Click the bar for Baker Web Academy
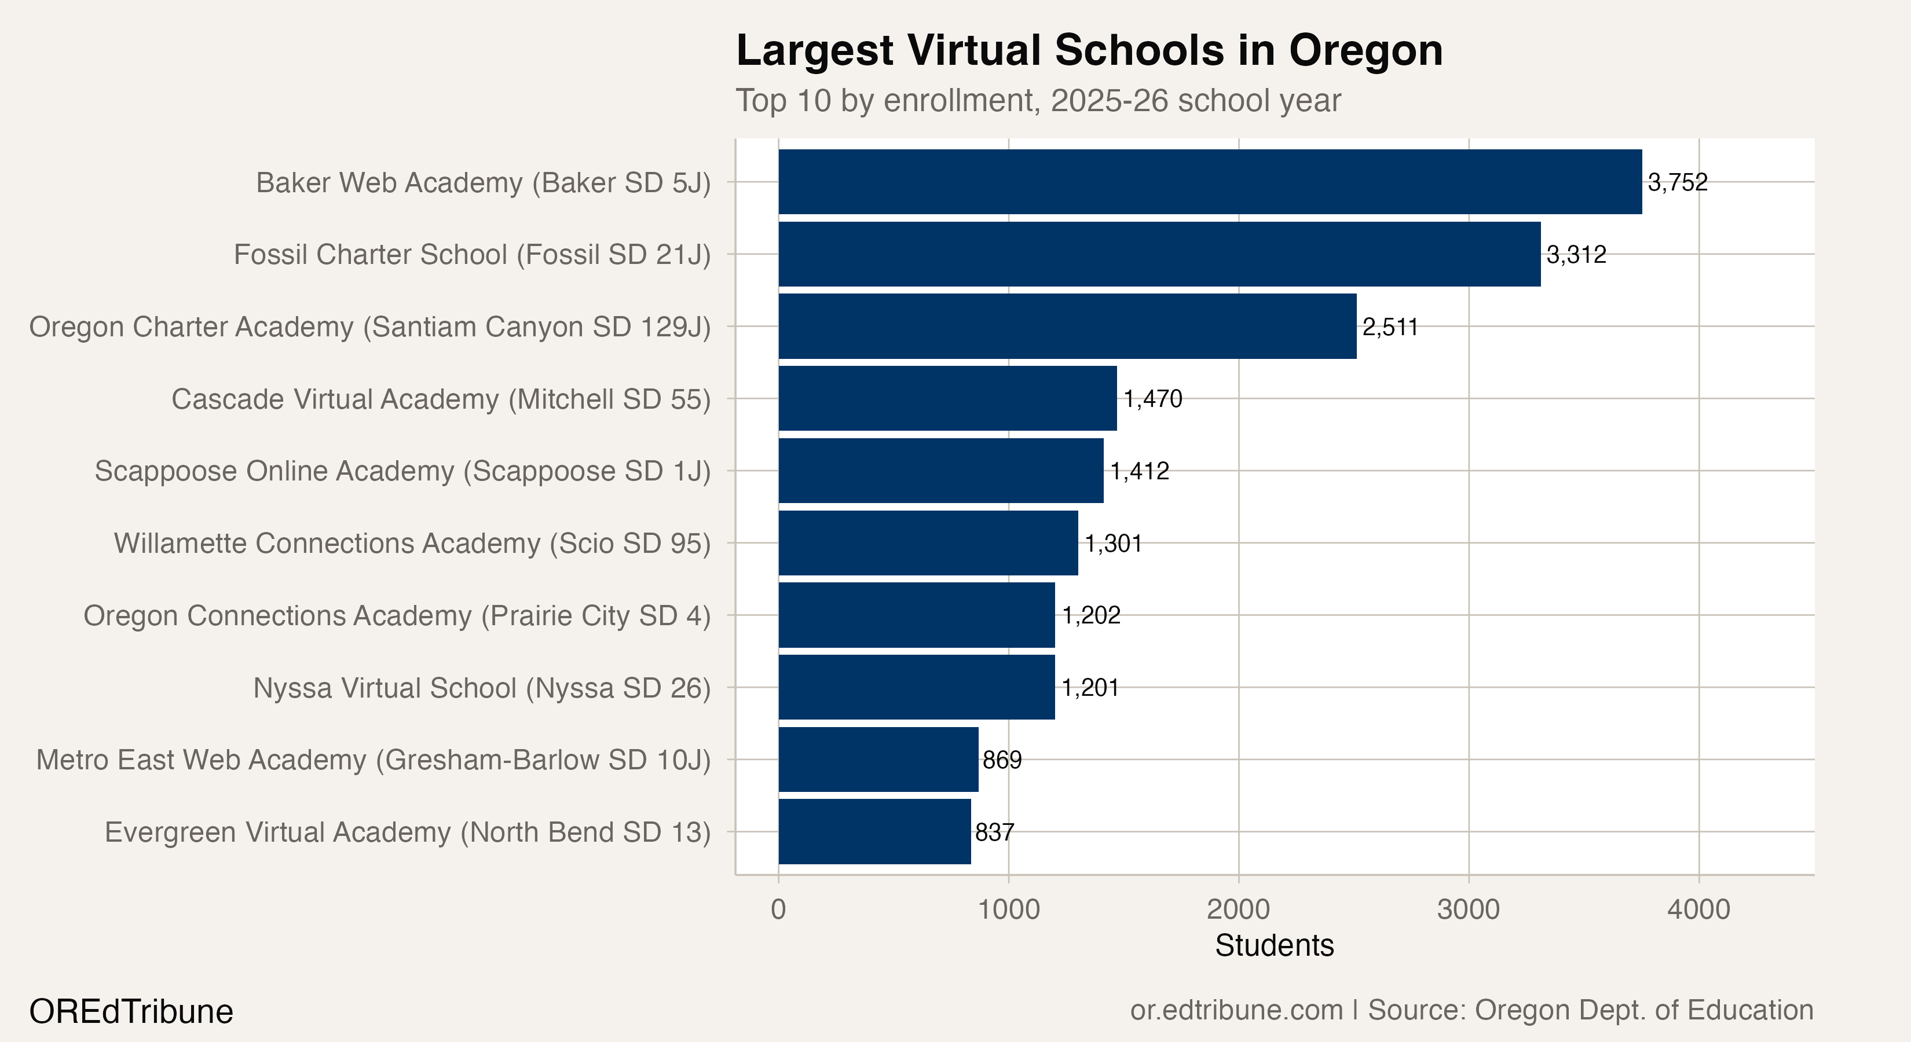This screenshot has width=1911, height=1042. pos(1209,182)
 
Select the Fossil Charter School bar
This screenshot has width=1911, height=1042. pos(1159,254)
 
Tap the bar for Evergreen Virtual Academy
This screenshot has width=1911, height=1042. pos(874,831)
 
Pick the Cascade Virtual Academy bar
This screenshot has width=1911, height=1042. pos(947,398)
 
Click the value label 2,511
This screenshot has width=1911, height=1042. pos(1389,327)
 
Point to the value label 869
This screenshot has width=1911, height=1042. pos(1001,760)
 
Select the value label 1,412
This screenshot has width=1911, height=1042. pos(1140,471)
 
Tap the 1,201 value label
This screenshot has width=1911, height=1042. pos(1090,688)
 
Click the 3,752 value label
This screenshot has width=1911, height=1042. pos(1677,182)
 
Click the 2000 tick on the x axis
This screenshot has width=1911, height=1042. pos(1238,909)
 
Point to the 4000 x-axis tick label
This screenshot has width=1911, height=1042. pos(1698,909)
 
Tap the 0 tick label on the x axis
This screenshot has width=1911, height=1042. pos(778,909)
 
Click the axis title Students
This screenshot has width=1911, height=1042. pos(1274,945)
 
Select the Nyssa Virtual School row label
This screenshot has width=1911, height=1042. pos(481,688)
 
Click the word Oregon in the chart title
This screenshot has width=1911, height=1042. pos(1365,50)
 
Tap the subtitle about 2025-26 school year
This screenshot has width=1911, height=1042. pos(1037,100)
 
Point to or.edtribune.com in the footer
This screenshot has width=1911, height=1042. pos(1236,1010)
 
